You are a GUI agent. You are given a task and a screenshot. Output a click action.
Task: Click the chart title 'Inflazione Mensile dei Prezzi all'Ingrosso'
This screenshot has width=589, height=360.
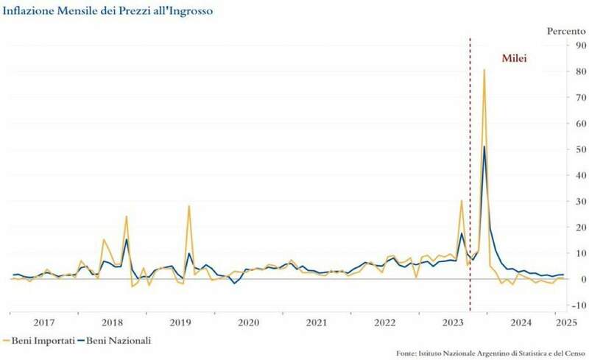107,11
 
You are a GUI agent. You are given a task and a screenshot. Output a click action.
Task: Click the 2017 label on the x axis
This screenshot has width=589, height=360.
43,322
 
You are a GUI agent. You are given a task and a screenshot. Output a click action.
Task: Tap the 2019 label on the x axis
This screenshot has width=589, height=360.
180,322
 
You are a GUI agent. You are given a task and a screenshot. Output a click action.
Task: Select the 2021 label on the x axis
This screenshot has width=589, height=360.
317,322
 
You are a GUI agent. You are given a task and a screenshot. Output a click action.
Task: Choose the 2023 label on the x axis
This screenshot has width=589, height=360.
453,322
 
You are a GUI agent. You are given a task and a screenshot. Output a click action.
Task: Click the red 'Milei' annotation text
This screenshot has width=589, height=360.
515,57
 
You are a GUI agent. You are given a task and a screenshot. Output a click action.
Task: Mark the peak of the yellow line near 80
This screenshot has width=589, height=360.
484,71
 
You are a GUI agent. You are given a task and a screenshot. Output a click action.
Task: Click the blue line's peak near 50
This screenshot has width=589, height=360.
484,147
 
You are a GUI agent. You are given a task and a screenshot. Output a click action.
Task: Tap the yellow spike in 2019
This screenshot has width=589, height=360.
189,206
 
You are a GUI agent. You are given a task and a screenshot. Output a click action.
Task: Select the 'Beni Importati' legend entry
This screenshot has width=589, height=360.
38,341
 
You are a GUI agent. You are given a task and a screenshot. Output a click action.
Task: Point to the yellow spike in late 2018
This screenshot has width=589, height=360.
127,216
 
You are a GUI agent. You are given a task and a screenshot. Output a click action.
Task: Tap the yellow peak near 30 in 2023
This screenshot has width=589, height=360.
462,201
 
